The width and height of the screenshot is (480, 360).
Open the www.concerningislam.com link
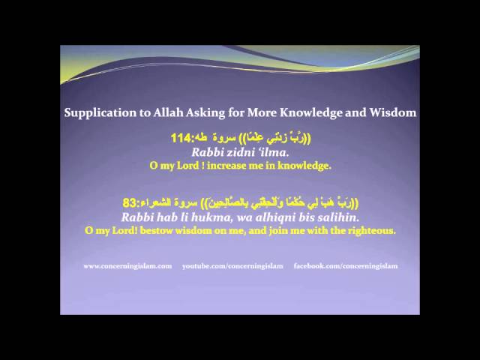(127, 266)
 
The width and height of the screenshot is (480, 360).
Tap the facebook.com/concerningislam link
(346, 266)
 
